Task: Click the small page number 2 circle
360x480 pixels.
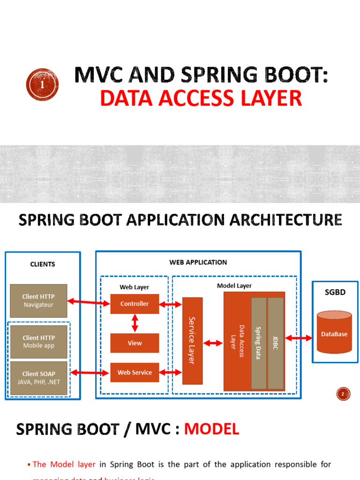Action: (343, 395)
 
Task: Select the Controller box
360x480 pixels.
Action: (135, 304)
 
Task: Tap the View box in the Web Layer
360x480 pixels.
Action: (135, 343)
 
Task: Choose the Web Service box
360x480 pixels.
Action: (135, 373)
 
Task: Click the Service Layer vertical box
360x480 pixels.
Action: (192, 341)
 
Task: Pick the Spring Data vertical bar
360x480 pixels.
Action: (259, 343)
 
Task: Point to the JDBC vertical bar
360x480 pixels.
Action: (276, 343)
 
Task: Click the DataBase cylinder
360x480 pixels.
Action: (334, 333)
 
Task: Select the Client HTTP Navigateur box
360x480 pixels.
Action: (38, 300)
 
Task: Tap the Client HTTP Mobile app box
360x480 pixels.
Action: (38, 341)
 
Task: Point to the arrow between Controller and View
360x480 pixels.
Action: (135, 323)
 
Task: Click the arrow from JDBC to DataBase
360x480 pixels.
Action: (298, 337)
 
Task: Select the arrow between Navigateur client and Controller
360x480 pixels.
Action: (89, 302)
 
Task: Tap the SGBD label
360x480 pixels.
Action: (335, 292)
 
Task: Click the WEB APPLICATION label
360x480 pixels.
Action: (198, 262)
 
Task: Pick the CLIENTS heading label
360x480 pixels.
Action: (42, 264)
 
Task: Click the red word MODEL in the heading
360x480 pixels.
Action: (211, 428)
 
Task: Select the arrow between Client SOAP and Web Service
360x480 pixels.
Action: (89, 373)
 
